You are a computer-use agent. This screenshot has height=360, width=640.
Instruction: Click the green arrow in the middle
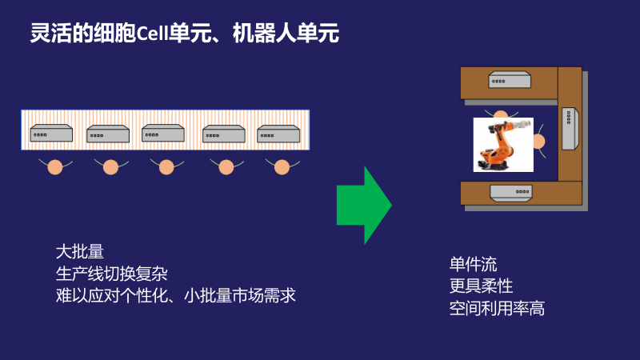[362, 206]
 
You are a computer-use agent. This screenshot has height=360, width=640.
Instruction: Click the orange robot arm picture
[502, 145]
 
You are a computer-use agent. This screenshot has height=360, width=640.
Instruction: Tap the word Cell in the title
[154, 34]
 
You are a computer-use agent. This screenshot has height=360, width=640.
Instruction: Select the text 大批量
[80, 250]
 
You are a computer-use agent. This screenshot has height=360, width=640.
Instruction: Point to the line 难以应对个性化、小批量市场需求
[175, 295]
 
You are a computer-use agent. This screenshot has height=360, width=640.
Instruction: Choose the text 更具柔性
[481, 286]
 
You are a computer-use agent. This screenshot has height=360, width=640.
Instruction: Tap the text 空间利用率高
[497, 307]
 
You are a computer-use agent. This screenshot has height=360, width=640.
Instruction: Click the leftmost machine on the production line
[51, 134]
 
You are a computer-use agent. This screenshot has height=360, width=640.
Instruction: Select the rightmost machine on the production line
[278, 134]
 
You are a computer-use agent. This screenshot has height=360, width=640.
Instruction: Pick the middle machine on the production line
[163, 134]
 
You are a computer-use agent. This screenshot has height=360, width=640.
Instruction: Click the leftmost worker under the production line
[54, 167]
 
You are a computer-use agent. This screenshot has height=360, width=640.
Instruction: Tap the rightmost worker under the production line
[282, 167]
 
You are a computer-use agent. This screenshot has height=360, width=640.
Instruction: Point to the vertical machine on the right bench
[568, 128]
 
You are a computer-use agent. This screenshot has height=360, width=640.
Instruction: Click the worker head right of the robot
[538, 142]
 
